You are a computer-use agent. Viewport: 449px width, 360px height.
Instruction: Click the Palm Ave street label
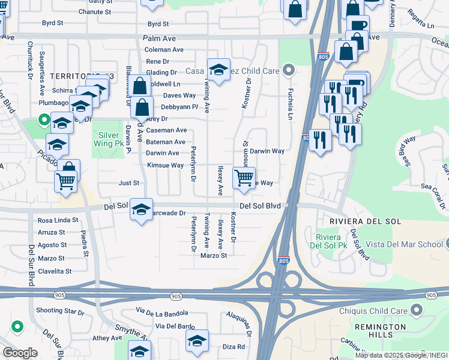159,38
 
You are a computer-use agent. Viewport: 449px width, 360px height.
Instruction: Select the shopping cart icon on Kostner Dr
244,178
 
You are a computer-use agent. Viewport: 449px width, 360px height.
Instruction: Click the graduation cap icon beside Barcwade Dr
140,209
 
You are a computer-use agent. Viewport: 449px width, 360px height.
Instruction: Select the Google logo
20,353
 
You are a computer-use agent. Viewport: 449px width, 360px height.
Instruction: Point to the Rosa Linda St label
58,220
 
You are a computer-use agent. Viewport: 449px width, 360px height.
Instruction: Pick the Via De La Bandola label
162,313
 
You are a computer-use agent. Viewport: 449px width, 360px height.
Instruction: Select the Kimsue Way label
166,165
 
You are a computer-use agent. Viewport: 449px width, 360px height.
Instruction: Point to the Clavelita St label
55,271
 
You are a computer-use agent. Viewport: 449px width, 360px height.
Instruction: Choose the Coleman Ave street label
164,50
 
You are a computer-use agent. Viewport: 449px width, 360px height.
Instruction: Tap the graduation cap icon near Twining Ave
219,69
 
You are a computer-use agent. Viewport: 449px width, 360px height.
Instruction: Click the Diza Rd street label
234,347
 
